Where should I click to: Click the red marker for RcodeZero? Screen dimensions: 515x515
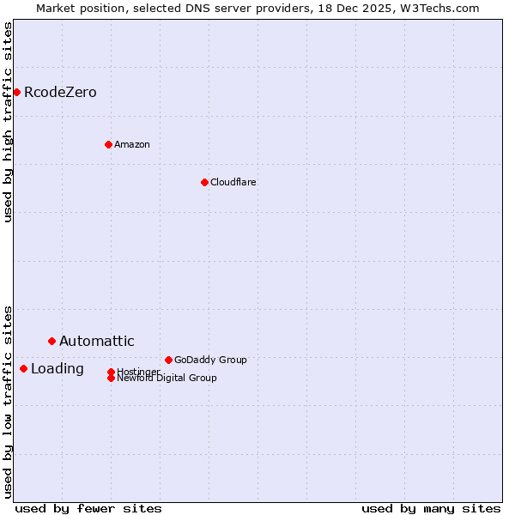(16, 92)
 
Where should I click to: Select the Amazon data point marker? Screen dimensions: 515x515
(108, 144)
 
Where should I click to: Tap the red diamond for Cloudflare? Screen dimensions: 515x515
(204, 182)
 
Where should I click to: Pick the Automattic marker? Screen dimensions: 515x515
(51, 341)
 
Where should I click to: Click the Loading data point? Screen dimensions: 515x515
(23, 368)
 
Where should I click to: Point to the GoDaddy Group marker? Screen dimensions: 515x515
(168, 360)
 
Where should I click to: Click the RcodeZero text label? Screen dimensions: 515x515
(60, 93)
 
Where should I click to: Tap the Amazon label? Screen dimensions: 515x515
(132, 144)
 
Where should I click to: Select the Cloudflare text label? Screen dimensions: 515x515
(233, 182)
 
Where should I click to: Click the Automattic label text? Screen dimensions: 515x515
(97, 342)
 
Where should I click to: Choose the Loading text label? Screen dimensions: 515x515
(58, 369)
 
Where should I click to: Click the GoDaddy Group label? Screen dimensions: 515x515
(210, 360)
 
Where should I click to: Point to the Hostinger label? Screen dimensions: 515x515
(138, 372)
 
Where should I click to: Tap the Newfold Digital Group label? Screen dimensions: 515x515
(167, 378)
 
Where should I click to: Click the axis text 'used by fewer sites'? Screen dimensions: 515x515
(88, 508)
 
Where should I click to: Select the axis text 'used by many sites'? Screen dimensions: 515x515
(431, 508)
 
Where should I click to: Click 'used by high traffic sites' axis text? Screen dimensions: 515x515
(9, 122)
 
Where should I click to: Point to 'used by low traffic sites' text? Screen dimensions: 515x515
(9, 402)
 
